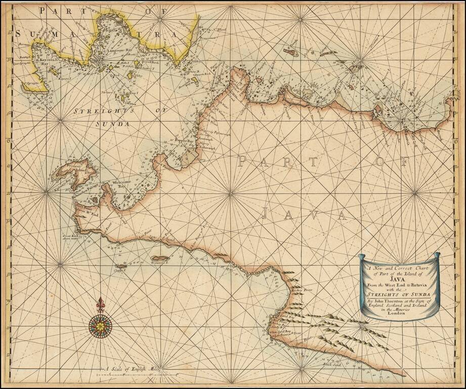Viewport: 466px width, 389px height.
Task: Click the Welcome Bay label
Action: (x=121, y=184)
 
